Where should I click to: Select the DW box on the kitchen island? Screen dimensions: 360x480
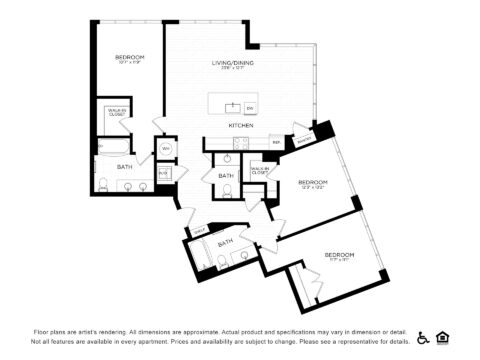(x=249, y=108)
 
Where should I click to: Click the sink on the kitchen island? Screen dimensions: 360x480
(x=231, y=107)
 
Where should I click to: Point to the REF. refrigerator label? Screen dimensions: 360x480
(x=277, y=142)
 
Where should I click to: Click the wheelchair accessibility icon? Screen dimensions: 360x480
(x=423, y=337)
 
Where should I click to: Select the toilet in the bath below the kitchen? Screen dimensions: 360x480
(x=227, y=190)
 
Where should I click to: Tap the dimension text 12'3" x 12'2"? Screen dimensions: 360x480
(x=313, y=188)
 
